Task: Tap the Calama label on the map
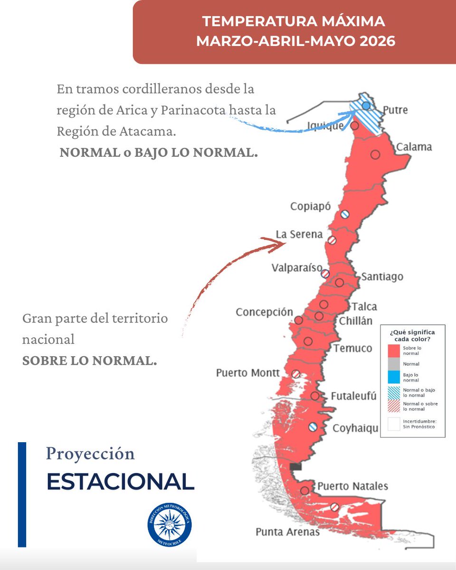click(x=414, y=147)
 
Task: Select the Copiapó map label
click(x=310, y=207)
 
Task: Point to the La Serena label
click(x=299, y=235)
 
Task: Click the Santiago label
click(x=382, y=276)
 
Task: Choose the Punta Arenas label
click(x=288, y=532)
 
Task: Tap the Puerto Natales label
click(x=352, y=486)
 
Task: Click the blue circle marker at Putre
click(x=366, y=106)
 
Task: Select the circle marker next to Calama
click(x=375, y=154)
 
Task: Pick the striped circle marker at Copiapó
click(x=345, y=214)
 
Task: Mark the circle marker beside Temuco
click(x=308, y=341)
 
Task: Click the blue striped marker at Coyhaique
click(x=313, y=427)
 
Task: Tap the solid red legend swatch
click(x=394, y=351)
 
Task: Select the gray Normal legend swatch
click(x=394, y=364)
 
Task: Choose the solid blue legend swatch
click(x=394, y=377)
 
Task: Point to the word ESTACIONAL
click(x=120, y=482)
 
